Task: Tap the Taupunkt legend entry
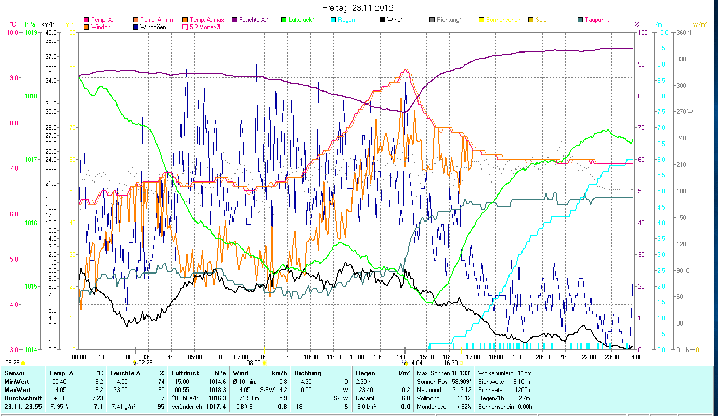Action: (596, 20)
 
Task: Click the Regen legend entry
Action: (346, 20)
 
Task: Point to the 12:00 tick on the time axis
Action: (357, 357)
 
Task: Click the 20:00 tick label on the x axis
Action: (543, 357)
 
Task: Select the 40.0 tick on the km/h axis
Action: (51, 32)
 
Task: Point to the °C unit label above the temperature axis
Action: (13, 24)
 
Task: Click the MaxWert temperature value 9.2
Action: (98, 389)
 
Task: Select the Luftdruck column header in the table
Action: (185, 373)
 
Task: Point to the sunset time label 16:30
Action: (450, 363)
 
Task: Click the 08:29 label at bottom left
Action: (12, 362)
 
